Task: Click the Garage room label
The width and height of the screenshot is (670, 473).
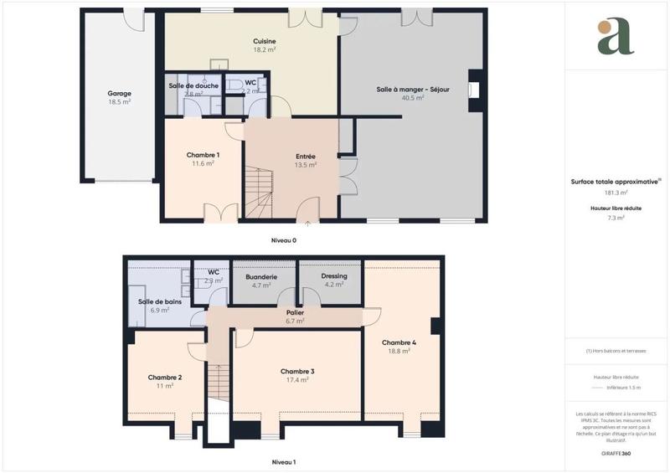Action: [x=119, y=94]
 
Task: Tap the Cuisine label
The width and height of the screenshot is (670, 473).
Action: [x=265, y=42]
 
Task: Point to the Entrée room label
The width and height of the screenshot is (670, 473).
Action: [x=306, y=157]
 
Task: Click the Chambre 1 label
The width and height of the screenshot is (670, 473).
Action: [x=203, y=155]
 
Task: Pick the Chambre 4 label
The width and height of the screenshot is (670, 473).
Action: [x=399, y=342]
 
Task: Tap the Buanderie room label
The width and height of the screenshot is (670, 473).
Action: [x=261, y=276]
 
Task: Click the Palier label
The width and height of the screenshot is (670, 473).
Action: [x=294, y=312]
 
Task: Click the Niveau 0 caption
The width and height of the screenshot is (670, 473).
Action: [x=283, y=240]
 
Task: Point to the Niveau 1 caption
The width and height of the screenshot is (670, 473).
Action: [x=283, y=462]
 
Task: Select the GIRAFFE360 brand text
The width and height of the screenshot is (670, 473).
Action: [x=616, y=452]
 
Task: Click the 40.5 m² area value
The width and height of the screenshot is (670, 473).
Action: [x=412, y=98]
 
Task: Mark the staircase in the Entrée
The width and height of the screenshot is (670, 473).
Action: [x=259, y=193]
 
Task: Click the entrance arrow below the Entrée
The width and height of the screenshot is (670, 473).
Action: [x=308, y=224]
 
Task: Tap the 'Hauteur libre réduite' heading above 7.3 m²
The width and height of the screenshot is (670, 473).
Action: [x=616, y=208]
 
